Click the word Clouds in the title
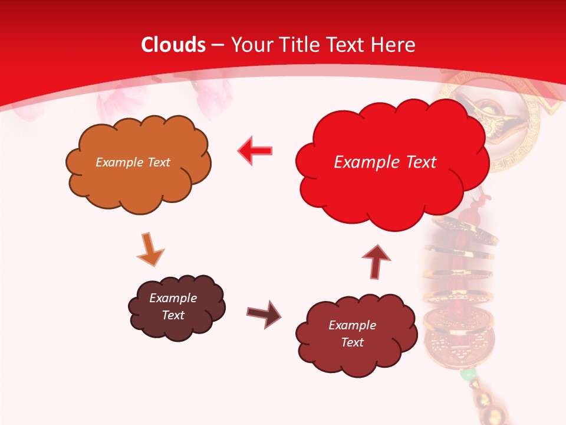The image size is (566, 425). coord(173,45)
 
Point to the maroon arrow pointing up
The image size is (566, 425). coord(376,261)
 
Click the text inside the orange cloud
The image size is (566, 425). coord(133,162)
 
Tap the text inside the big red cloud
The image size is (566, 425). coord(385,162)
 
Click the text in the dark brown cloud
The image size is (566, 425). coord(173,306)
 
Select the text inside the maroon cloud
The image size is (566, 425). coord(352,334)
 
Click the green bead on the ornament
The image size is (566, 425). coord(468,374)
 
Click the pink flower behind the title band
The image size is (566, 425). coord(212,94)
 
